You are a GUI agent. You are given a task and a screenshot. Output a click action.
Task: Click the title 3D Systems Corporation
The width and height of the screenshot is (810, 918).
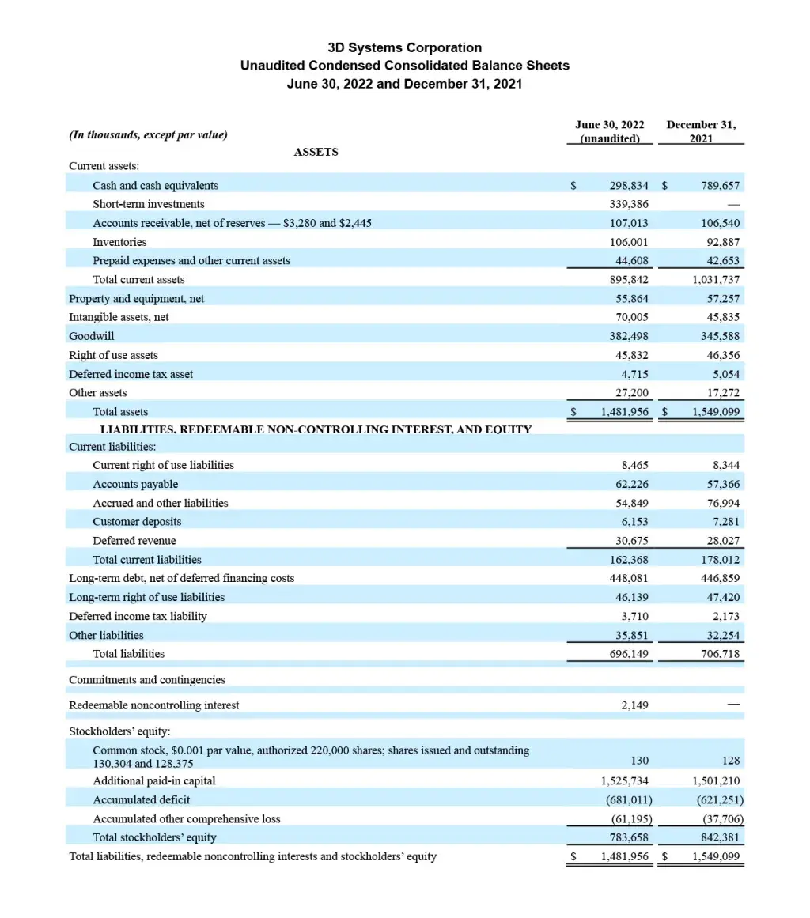coord(404,47)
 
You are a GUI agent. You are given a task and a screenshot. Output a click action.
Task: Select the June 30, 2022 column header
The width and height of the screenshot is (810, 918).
coord(609,131)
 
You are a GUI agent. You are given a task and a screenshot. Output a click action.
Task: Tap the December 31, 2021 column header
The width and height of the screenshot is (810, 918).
coord(701,131)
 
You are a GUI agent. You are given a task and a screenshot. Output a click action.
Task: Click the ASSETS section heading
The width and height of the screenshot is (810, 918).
coord(316,152)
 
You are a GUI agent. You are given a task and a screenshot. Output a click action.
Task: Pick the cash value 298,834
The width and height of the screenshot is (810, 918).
coord(629,186)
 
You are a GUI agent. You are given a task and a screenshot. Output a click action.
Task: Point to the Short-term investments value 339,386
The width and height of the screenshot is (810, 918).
coord(629,204)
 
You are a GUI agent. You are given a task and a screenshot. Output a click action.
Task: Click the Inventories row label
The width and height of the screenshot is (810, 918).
coord(119,242)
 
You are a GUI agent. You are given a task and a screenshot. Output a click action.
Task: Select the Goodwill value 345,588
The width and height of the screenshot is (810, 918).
coord(720,336)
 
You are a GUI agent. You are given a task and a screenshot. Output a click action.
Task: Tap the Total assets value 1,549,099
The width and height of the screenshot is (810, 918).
coord(716,412)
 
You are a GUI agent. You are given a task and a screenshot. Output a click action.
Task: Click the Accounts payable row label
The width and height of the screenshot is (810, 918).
coord(135,484)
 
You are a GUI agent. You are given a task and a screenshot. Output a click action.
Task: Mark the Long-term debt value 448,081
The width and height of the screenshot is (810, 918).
coord(629,578)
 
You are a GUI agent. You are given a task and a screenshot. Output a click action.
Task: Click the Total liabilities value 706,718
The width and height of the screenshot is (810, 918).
coord(720,654)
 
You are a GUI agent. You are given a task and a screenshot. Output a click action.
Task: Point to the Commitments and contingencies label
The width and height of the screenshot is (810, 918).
coord(147,680)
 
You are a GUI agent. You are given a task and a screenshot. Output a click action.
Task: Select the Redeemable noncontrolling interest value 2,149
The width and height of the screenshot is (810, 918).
coord(634,705)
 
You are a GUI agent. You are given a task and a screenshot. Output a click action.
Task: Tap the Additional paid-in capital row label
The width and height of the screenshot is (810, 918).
coord(154,780)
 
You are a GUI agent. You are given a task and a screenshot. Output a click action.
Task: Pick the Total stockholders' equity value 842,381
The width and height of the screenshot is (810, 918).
coord(720,837)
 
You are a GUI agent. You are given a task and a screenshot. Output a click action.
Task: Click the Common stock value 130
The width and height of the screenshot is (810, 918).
coord(639,761)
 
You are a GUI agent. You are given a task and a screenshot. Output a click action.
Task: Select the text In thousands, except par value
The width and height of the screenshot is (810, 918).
coord(149,134)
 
